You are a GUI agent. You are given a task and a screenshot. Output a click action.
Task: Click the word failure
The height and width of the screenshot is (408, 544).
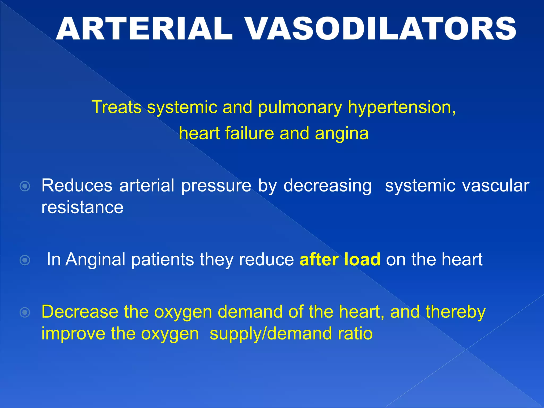tap(249, 133)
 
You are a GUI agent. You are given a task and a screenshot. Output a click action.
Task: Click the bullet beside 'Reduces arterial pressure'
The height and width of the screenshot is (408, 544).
tap(25, 186)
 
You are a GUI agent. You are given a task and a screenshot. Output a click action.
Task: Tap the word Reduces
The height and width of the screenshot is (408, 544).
tap(77, 185)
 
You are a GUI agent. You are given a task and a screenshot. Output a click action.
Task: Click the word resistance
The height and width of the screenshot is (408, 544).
tap(82, 207)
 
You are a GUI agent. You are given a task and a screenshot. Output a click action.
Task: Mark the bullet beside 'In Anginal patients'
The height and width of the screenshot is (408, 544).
tap(25, 260)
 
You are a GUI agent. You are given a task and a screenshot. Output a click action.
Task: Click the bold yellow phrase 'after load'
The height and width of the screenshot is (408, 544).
tap(340, 260)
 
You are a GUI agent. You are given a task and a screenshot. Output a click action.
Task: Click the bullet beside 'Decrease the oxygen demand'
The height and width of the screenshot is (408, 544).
tap(25, 312)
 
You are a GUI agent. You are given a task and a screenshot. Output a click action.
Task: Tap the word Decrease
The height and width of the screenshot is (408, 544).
tap(80, 312)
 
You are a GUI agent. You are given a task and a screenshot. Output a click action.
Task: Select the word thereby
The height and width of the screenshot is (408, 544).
tap(455, 312)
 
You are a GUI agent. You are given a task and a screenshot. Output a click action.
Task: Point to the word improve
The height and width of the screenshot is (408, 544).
tap(73, 334)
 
